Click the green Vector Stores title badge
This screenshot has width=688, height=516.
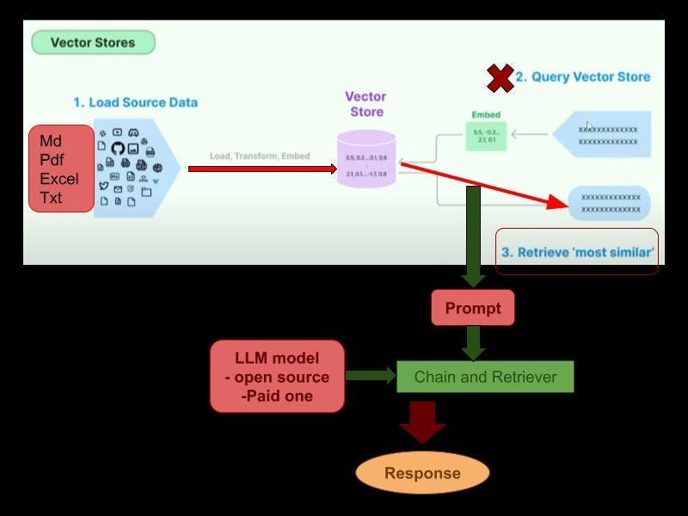pyautogui.click(x=93, y=42)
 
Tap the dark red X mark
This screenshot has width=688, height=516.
pyautogui.click(x=500, y=77)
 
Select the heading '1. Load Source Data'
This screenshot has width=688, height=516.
pyautogui.click(x=135, y=102)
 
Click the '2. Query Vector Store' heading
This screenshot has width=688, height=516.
pyautogui.click(x=582, y=77)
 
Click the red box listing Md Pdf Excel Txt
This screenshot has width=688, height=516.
pyautogui.click(x=61, y=169)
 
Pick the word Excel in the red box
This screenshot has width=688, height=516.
pyautogui.click(x=58, y=179)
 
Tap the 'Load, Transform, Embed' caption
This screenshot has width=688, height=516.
pyautogui.click(x=260, y=157)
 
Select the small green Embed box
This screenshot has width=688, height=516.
pyautogui.click(x=485, y=135)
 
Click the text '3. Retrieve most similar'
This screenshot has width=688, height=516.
pyautogui.click(x=578, y=253)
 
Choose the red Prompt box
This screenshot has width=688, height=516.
pyautogui.click(x=472, y=309)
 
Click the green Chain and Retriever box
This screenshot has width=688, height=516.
pyautogui.click(x=485, y=377)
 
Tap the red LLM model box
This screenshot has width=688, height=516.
pyautogui.click(x=277, y=377)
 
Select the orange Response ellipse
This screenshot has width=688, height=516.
pyautogui.click(x=422, y=473)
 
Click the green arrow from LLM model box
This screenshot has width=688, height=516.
pyautogui.click(x=370, y=376)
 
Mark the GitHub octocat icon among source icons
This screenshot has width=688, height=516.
pyautogui.click(x=118, y=148)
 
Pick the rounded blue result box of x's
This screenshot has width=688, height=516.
pyautogui.click(x=610, y=203)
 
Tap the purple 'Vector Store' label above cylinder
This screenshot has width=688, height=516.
pyautogui.click(x=365, y=104)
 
